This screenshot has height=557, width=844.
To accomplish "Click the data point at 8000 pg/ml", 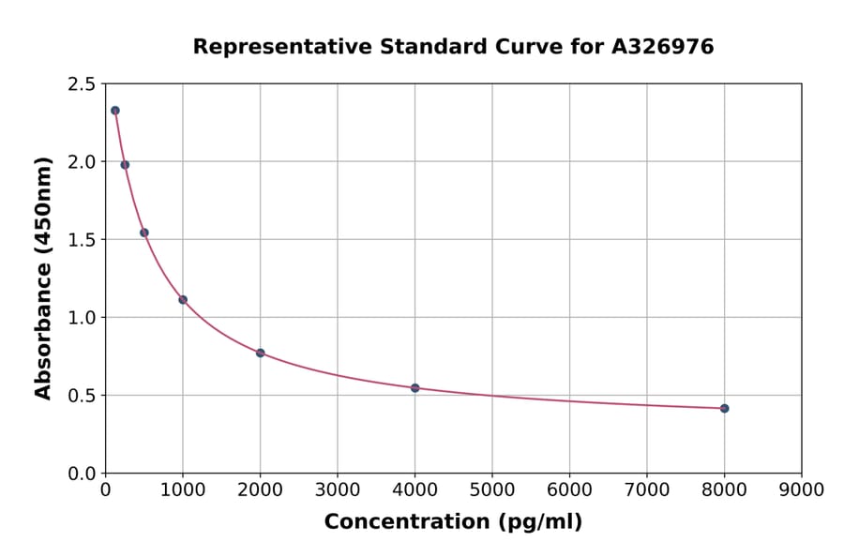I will pos(724,408).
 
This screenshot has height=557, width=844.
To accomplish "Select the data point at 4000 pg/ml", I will pos(414,387).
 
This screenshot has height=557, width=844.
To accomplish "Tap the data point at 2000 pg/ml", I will pos(260,353).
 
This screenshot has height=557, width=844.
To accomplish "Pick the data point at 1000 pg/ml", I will pos(183,299).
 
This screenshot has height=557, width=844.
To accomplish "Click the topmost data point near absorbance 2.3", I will pos(115,111).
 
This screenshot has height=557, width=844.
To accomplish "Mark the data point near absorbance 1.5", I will pos(144,233).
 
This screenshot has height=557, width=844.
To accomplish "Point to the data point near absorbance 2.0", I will pos(125,165).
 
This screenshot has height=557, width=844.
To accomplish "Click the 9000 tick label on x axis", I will pos(801,489).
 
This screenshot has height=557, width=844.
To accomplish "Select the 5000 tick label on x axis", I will pos(491,489).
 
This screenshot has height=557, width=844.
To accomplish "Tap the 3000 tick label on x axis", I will pos(337,489).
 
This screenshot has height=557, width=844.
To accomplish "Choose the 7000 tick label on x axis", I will pos(646,489).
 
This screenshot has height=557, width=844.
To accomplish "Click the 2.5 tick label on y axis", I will pos(82,84).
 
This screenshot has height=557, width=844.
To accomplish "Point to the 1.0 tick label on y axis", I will pos(82,318).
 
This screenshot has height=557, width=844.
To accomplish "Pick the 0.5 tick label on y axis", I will pos(82,396).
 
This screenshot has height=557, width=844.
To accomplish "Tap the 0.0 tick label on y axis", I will pos(82,474).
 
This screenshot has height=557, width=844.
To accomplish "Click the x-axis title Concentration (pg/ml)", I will pos(453,522).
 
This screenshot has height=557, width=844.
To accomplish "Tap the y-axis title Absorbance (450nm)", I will pos(43,278).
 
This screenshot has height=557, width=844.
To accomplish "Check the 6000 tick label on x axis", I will pos(569,489).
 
